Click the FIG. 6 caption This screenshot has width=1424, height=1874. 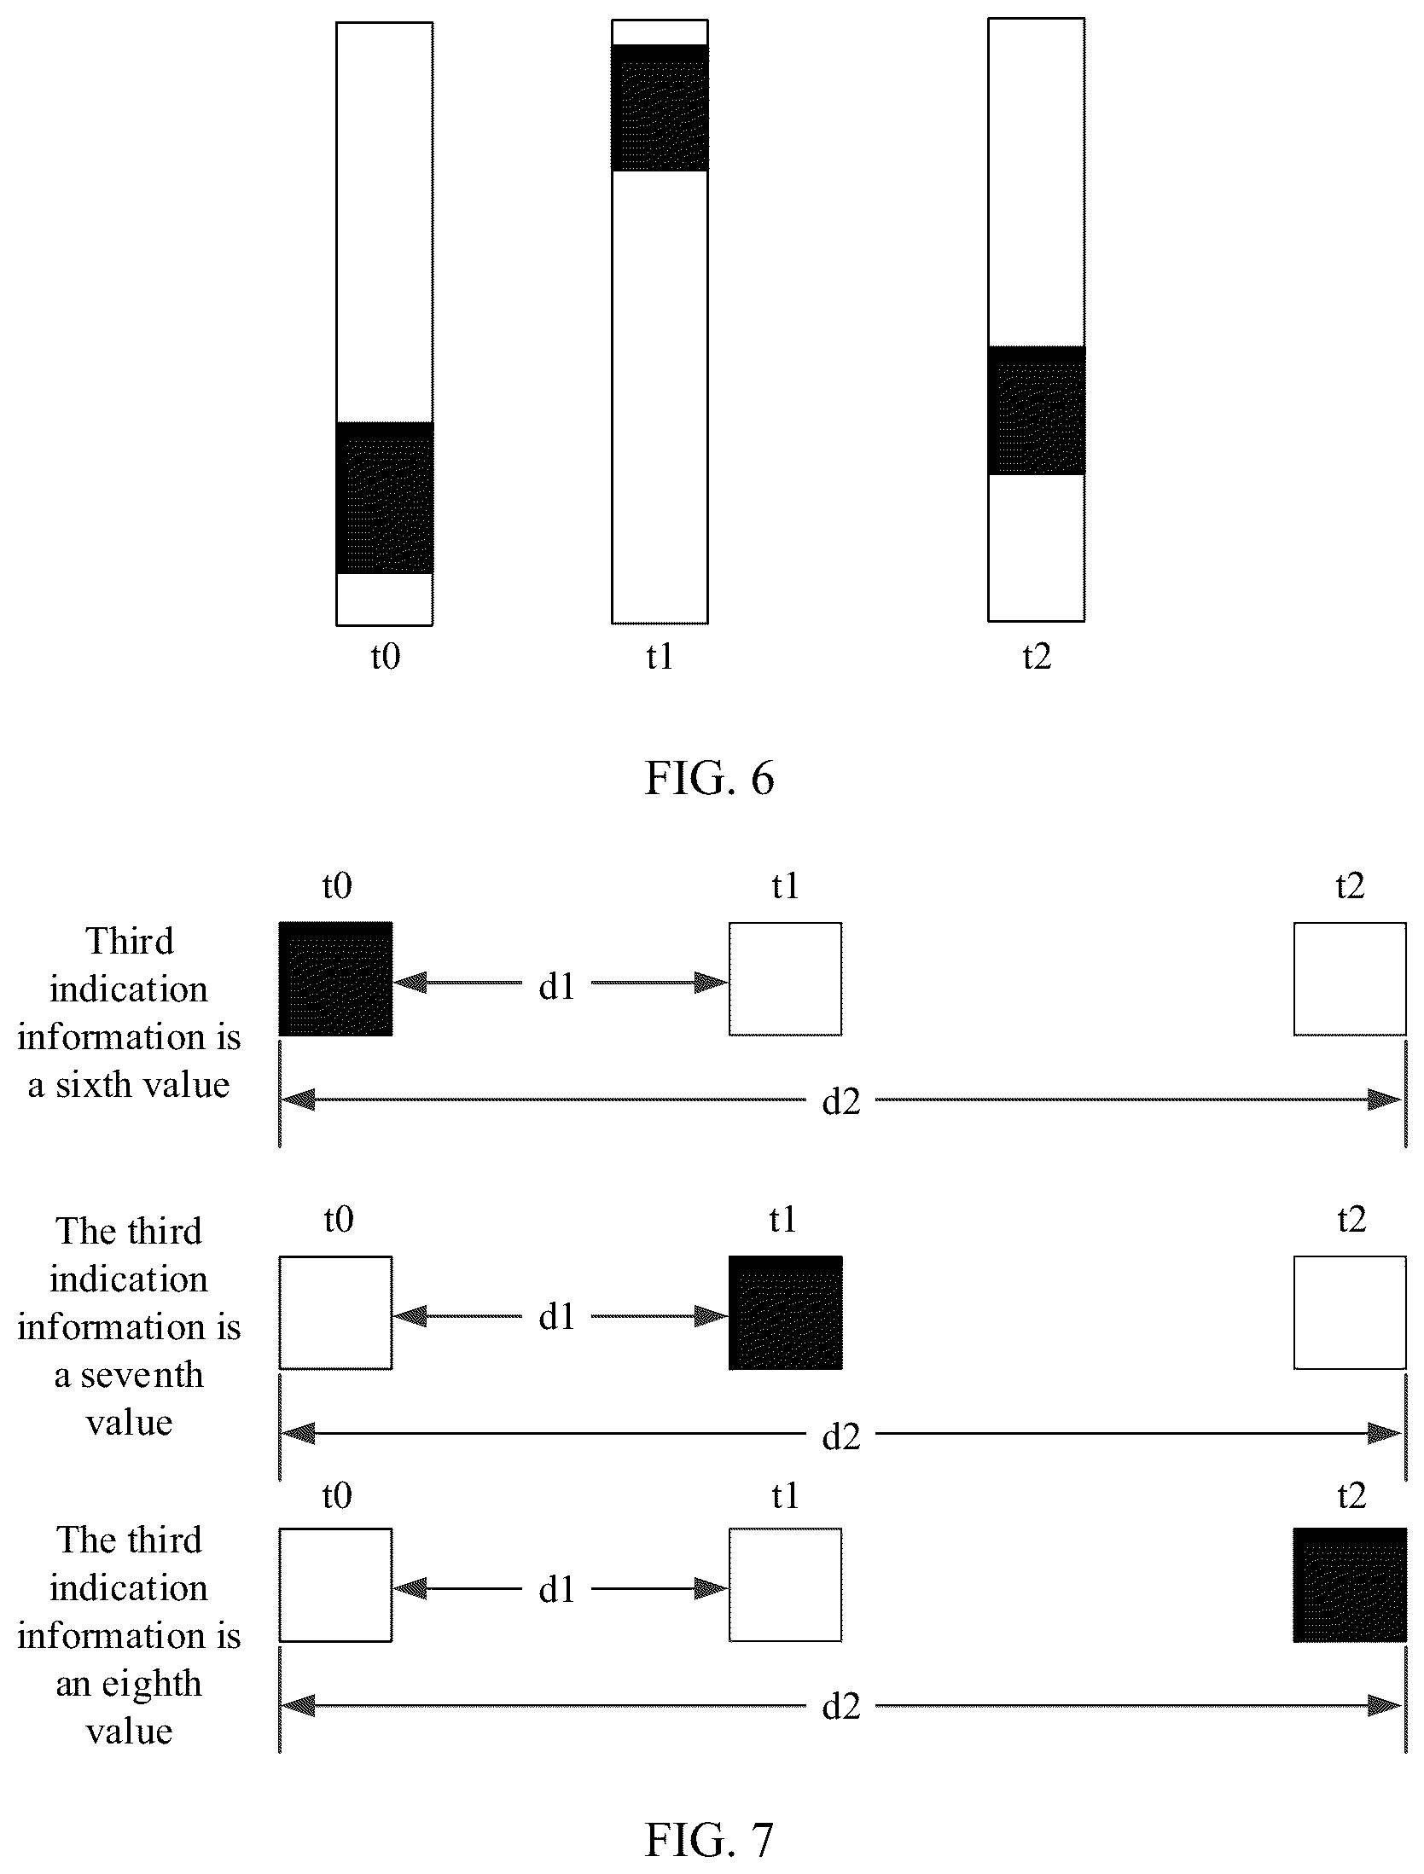click(709, 779)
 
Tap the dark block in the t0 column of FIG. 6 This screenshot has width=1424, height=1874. click(385, 497)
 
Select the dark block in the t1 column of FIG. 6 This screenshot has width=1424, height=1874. click(660, 107)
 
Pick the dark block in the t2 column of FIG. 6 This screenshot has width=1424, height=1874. click(1037, 410)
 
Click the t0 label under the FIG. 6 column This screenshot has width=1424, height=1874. click(385, 658)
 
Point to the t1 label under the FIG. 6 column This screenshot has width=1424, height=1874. click(660, 658)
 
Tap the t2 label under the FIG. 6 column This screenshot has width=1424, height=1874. click(1037, 658)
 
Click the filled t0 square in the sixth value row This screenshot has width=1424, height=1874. click(336, 978)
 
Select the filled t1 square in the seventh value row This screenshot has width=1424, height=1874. click(786, 1313)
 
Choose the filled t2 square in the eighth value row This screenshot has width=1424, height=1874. click(1350, 1585)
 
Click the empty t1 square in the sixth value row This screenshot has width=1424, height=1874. click(786, 978)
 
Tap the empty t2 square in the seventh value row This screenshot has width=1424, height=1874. click(1350, 1313)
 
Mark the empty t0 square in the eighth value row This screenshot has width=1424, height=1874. click(336, 1585)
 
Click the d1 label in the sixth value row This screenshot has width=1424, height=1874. click(557, 986)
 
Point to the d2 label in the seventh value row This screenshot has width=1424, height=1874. click(841, 1438)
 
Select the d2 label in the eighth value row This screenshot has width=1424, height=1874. click(841, 1706)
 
